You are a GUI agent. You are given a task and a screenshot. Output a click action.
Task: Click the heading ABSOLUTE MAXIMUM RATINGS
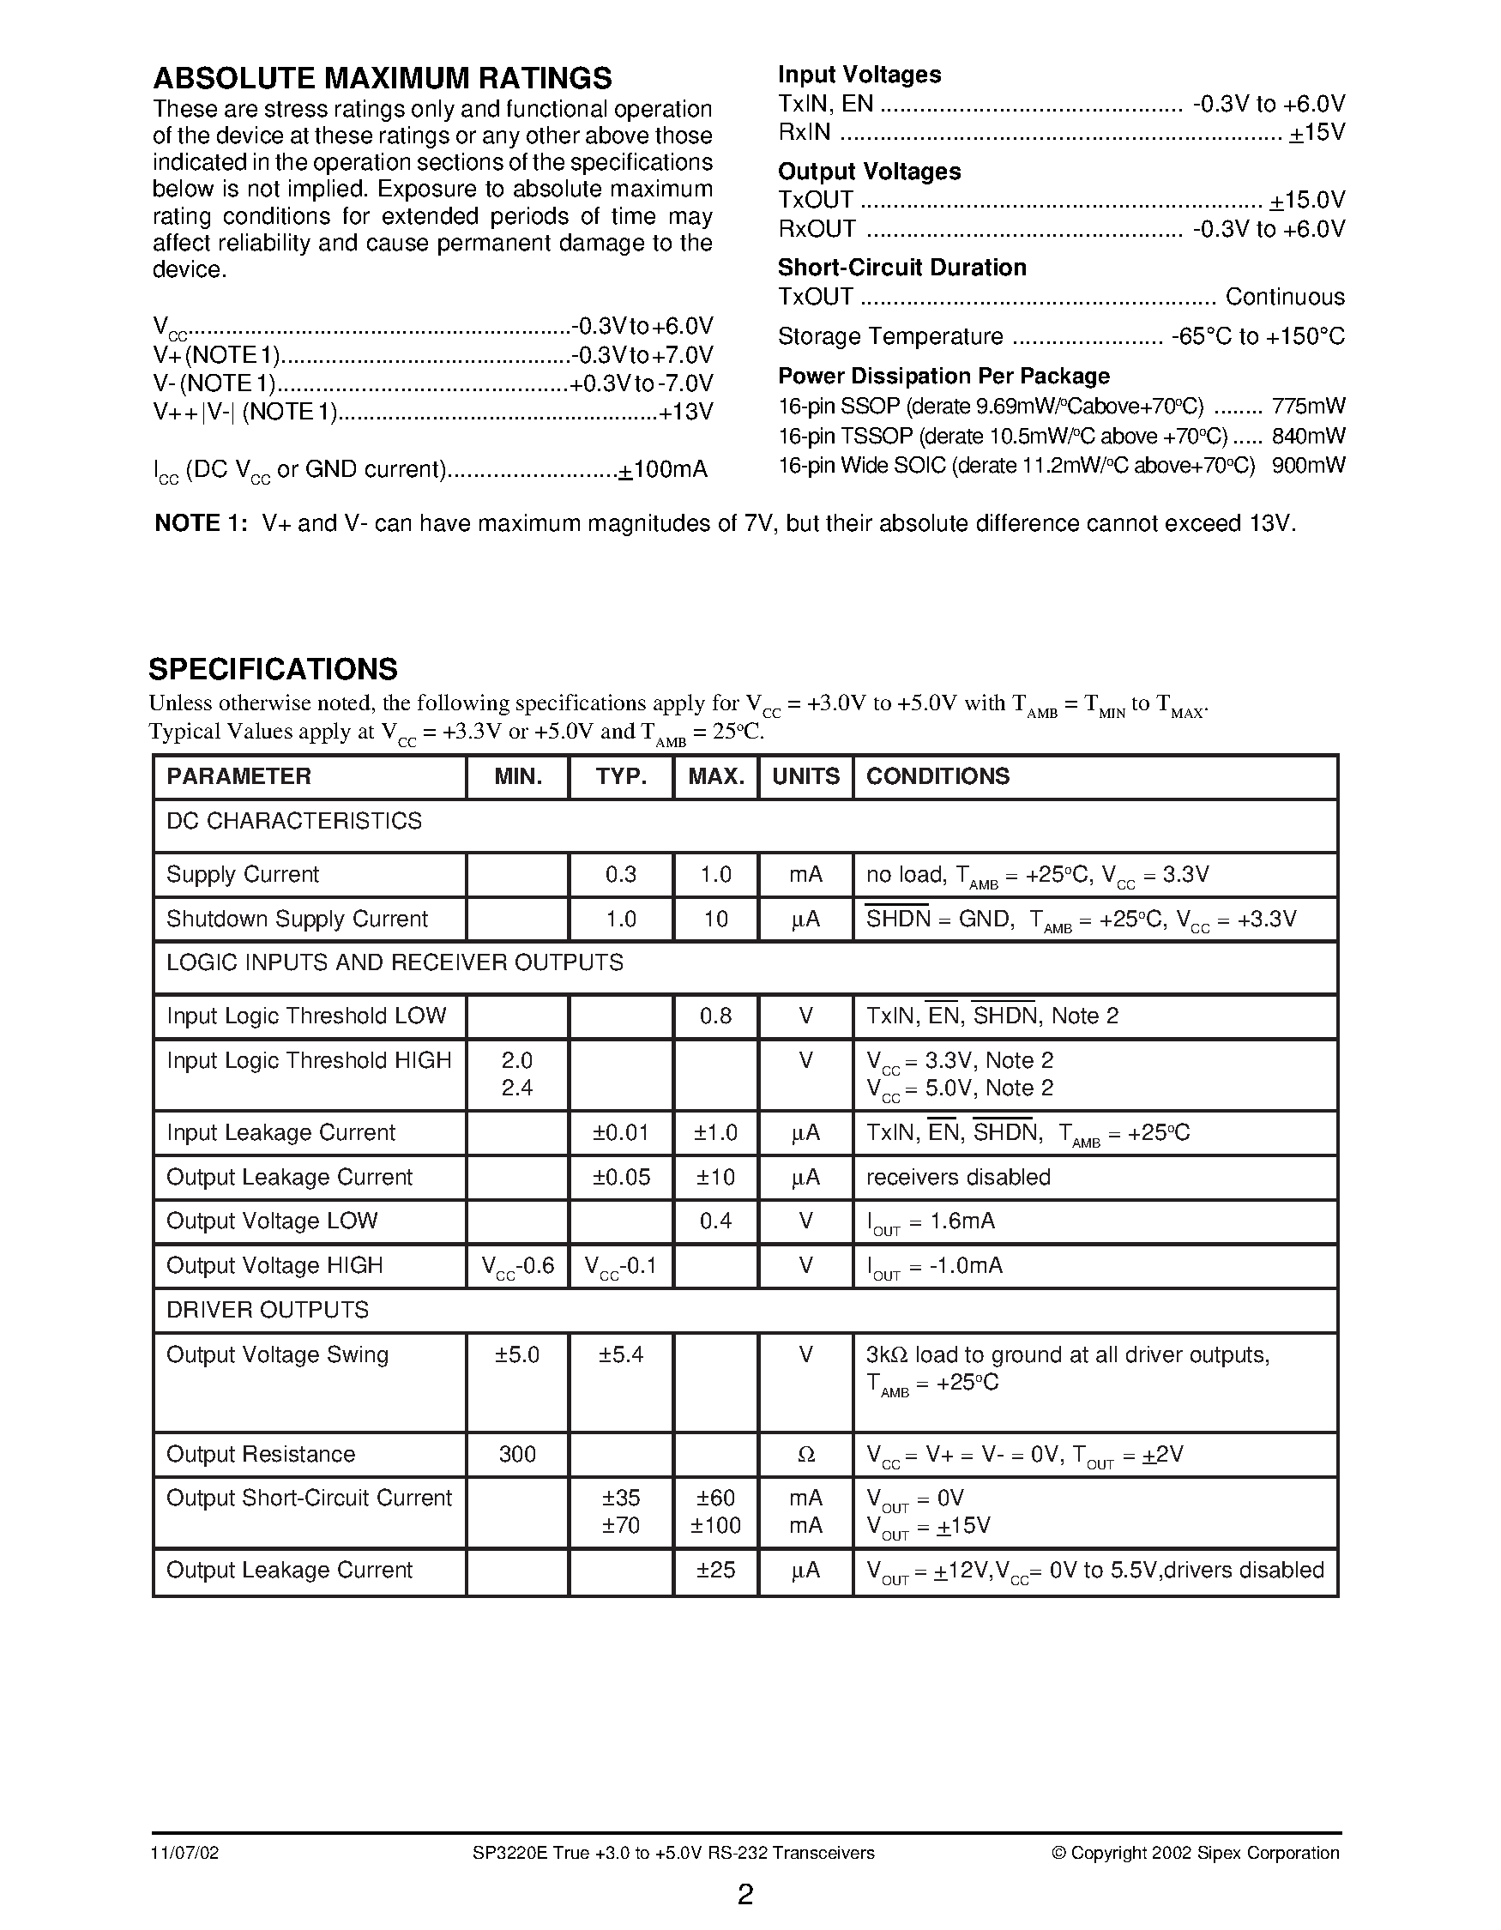coord(382,79)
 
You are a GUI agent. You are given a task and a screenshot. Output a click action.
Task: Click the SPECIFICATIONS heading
coord(273,669)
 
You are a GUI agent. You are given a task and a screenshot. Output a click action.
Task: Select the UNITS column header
coord(805,776)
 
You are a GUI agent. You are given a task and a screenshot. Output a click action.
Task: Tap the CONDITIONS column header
coord(937,776)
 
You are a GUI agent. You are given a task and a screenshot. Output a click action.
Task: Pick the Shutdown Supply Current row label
coord(297,919)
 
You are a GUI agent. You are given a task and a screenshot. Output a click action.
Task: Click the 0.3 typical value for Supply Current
coord(620,874)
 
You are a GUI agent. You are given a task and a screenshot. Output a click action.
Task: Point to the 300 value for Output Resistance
coord(517,1454)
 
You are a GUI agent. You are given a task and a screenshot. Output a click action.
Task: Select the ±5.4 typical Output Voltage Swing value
coord(620,1354)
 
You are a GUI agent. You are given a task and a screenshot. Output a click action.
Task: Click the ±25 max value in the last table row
coord(714,1570)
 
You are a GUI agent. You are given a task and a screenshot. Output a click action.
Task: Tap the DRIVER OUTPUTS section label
coord(267,1310)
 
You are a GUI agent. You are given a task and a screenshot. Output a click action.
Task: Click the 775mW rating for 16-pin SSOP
coord(1307,407)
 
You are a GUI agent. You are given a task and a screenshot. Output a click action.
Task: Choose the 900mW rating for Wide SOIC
coord(1307,466)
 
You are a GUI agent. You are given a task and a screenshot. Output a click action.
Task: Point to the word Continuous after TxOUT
coord(1284,297)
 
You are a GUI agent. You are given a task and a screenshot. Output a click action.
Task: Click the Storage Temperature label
coord(889,337)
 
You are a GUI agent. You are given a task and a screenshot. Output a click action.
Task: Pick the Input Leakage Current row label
coord(280,1132)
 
